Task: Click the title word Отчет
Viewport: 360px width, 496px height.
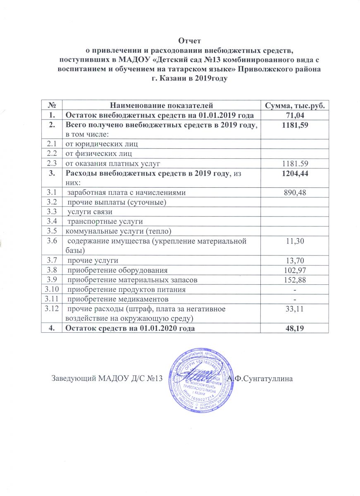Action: click(x=189, y=41)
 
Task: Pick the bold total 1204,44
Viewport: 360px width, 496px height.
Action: click(x=295, y=174)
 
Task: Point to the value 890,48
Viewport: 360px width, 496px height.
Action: click(x=295, y=192)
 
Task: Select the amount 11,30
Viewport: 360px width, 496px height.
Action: click(x=295, y=241)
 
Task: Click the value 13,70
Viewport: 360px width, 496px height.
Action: click(x=295, y=260)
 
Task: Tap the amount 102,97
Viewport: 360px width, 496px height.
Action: click(x=295, y=270)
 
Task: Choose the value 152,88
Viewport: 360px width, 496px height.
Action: click(x=295, y=280)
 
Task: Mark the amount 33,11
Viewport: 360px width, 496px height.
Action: click(x=295, y=308)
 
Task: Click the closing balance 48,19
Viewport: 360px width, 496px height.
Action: click(x=295, y=328)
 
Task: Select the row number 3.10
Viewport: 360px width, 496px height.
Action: click(x=51, y=289)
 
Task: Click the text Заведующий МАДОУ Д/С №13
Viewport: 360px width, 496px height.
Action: click(x=105, y=378)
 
